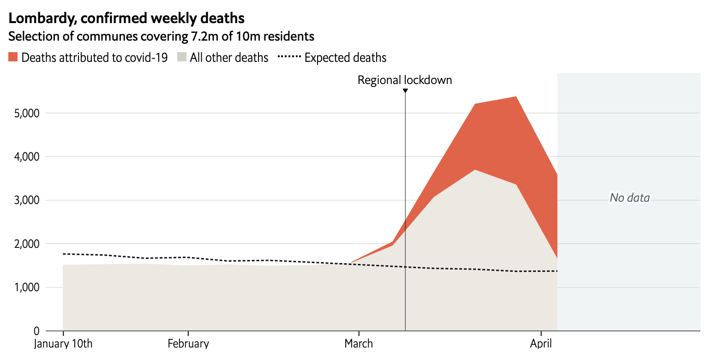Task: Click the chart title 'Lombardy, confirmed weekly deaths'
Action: (x=126, y=18)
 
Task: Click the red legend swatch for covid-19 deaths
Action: (x=13, y=57)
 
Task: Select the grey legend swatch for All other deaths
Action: (x=181, y=57)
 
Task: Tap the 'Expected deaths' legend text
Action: (x=345, y=58)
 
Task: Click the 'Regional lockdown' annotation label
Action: (x=405, y=80)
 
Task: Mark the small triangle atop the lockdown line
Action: (x=405, y=91)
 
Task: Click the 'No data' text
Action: (x=630, y=198)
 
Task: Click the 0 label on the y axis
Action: (x=37, y=331)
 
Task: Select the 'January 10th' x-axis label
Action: (x=63, y=344)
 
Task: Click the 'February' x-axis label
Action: (x=188, y=344)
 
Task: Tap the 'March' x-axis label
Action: (x=359, y=344)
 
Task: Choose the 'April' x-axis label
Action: (x=541, y=344)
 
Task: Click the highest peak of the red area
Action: (x=516, y=97)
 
